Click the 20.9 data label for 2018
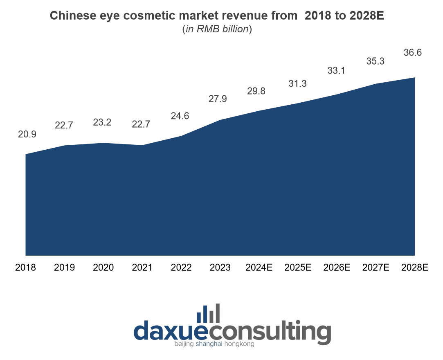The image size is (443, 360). [x=27, y=134]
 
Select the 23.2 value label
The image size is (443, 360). [x=102, y=122]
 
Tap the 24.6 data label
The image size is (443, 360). [x=180, y=116]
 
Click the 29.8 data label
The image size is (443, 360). [x=256, y=91]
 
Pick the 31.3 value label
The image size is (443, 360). [x=298, y=83]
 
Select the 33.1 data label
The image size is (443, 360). [x=336, y=71]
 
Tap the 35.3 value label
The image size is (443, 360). [x=375, y=61]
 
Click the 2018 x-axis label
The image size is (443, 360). [x=25, y=268]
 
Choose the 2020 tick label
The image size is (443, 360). [x=103, y=268]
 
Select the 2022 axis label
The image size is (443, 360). [x=181, y=268]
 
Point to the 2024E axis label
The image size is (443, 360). [x=259, y=268]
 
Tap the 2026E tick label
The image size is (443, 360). [x=337, y=268]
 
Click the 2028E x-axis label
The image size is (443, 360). [x=415, y=268]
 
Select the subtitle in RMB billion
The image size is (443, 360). [x=217, y=29]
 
